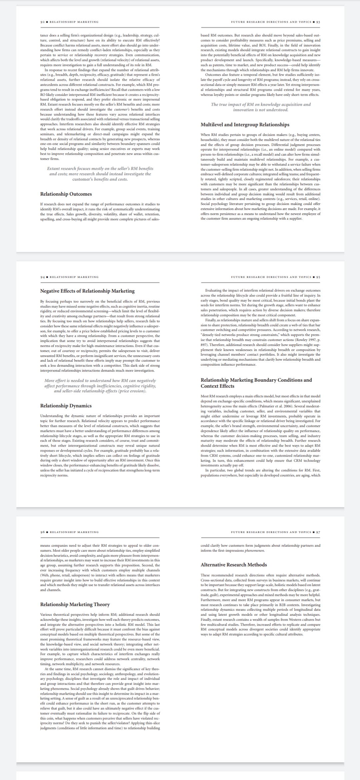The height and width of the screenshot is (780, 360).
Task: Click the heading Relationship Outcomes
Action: point(66,194)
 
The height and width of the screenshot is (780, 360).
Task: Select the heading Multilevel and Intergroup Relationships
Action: point(245,125)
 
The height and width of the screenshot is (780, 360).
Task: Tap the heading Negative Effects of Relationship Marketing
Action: point(87,291)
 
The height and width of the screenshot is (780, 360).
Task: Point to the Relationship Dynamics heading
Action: point(66,406)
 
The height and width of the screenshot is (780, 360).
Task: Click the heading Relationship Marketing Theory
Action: point(75,604)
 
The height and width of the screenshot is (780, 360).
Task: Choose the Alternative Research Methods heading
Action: point(234,565)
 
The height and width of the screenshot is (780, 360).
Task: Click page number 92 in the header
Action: point(42,22)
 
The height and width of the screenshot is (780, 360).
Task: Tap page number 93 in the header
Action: point(318,22)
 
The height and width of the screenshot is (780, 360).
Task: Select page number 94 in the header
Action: point(42,277)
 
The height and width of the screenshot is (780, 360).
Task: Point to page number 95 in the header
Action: point(318,277)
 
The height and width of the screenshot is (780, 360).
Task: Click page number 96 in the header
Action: point(42,532)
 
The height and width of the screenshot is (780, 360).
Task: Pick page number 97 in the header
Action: point(318,532)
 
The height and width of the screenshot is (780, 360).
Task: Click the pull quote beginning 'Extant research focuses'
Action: point(100,174)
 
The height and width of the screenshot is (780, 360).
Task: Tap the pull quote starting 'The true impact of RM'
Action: point(261,107)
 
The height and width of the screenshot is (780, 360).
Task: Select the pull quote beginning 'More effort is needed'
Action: point(100,385)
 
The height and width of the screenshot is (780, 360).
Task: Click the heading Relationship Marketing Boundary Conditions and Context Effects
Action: point(256,383)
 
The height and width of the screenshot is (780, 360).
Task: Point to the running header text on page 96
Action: point(74,532)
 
